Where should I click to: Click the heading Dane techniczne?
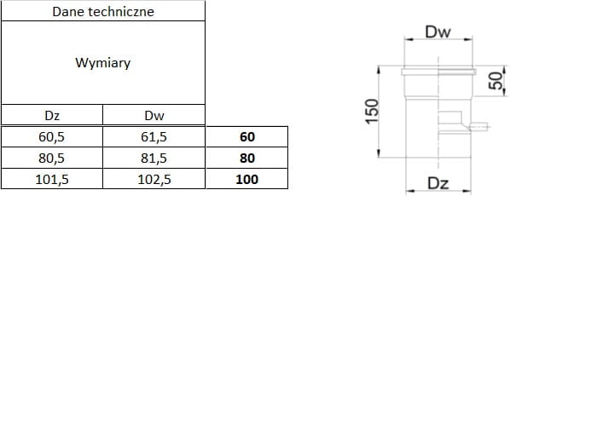(x=103, y=11)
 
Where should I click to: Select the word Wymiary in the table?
(x=103, y=62)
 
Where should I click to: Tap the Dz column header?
(x=52, y=115)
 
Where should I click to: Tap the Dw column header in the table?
(x=154, y=115)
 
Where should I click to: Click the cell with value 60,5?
(x=51, y=137)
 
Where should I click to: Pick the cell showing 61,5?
(x=154, y=137)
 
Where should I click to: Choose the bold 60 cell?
(x=247, y=137)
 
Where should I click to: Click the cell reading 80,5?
(x=51, y=158)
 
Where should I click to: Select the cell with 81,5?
(x=154, y=158)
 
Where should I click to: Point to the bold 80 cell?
(x=247, y=158)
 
